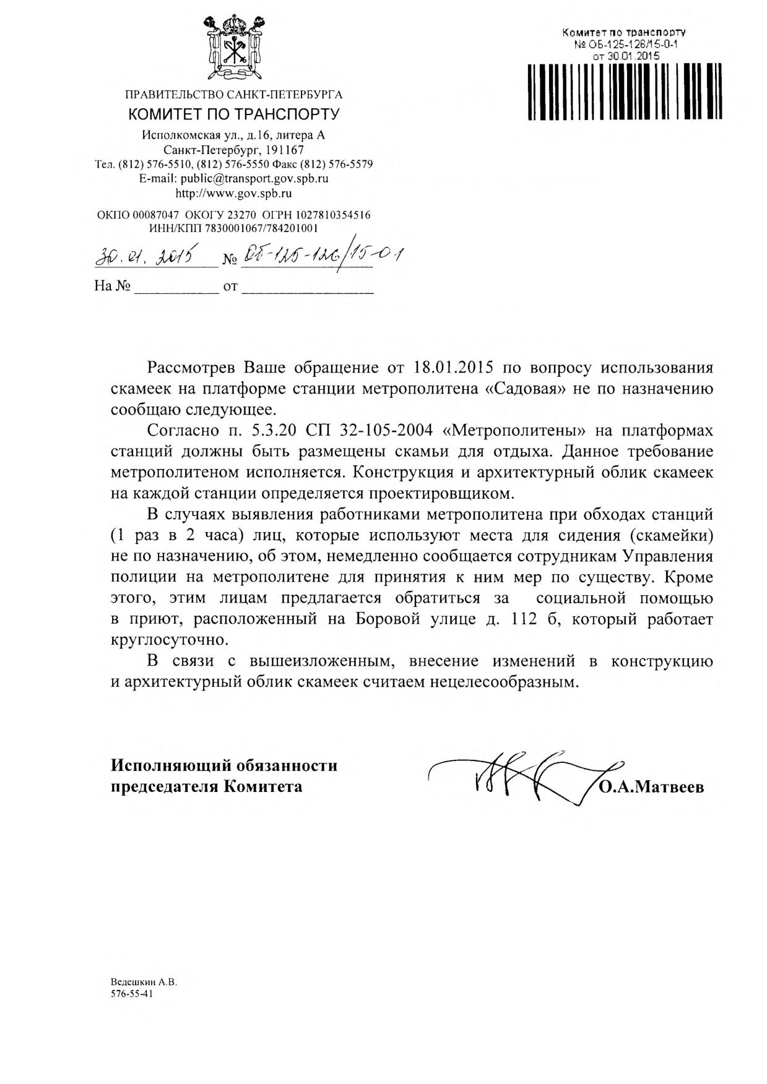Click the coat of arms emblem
[233, 47]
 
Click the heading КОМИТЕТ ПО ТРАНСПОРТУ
[234, 114]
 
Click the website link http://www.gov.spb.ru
[234, 193]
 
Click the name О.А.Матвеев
[651, 788]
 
